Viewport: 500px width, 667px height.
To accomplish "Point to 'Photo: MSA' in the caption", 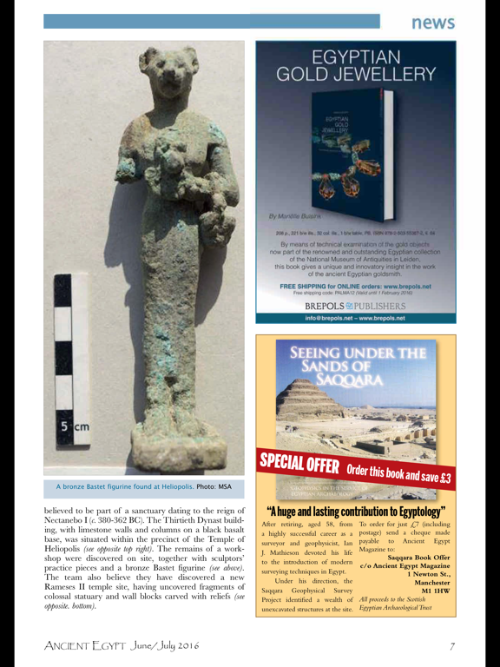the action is tap(213, 486).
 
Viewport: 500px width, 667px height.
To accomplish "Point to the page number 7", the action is tap(453, 645).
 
